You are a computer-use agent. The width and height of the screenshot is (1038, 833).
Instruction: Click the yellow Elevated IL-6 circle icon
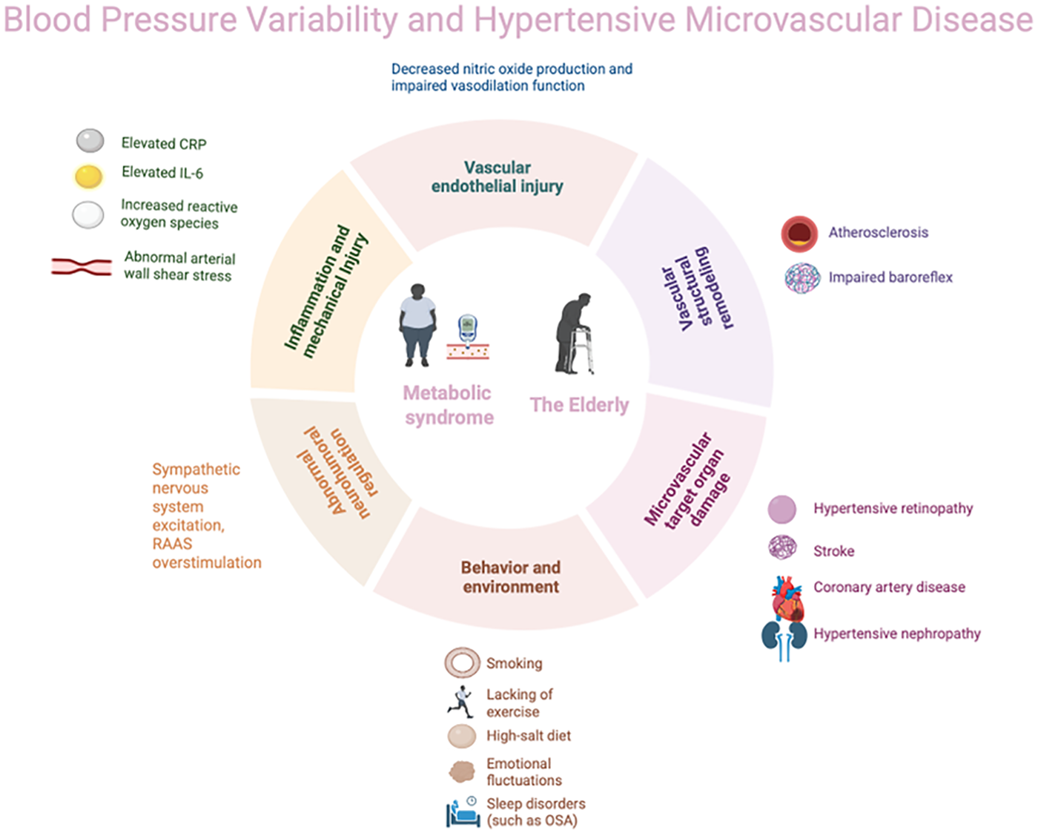89,176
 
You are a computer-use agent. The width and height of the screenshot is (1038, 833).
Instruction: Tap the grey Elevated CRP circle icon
90,140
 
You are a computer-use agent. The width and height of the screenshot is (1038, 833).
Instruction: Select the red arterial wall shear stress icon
82,267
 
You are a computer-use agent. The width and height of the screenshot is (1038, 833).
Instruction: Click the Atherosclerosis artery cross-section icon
799,234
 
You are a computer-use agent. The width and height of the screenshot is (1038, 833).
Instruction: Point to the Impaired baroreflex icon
802,278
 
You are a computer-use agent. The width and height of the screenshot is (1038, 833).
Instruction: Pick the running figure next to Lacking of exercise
460,701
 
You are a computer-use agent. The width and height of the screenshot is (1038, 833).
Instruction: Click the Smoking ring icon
462,662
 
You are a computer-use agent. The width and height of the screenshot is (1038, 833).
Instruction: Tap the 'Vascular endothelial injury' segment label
497,177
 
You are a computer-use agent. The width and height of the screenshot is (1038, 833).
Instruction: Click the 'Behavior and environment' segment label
511,577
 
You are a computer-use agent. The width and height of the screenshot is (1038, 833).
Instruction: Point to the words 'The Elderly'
579,405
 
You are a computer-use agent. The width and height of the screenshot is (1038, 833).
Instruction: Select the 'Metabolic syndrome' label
449,405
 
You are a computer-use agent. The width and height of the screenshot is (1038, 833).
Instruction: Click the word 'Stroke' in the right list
833,551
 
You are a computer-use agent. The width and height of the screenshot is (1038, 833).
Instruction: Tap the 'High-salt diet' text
529,736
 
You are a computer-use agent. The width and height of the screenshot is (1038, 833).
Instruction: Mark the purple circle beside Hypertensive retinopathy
782,510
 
